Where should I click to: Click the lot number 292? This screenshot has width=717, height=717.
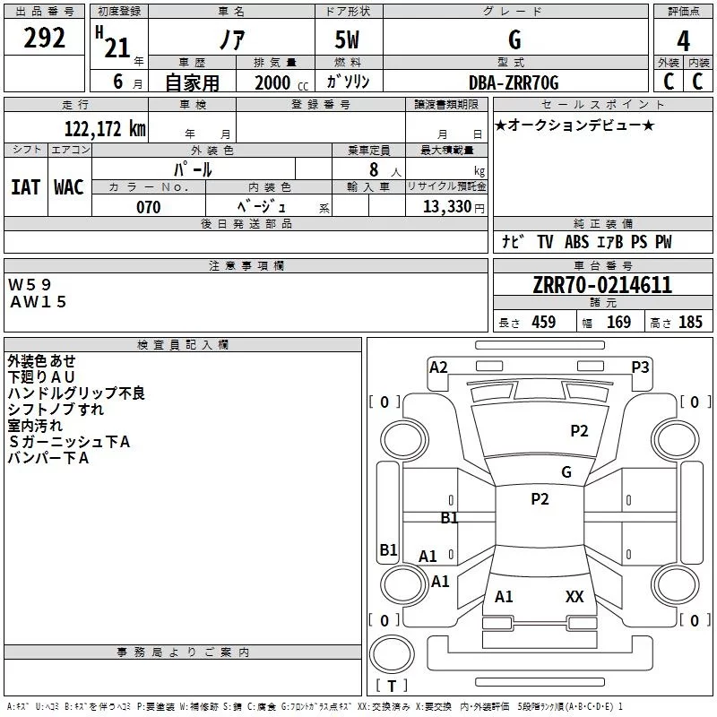coord(44,38)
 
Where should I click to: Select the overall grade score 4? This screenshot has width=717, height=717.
coord(683,41)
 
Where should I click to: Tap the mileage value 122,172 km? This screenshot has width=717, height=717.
coord(105,129)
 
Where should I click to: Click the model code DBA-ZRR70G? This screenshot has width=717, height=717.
coord(514,82)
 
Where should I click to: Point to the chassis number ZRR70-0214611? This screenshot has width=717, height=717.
coord(602,285)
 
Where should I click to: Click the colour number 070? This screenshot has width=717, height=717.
coord(149,207)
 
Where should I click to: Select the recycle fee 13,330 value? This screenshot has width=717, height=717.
coord(447,207)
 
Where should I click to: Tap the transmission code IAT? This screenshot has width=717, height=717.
coord(26,187)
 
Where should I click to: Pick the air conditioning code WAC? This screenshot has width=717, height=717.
coord(69,187)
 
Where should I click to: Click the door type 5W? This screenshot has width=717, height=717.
coord(347,39)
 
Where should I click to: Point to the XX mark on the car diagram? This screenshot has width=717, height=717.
coord(574,596)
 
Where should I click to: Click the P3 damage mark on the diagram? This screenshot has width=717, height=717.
coord(640,367)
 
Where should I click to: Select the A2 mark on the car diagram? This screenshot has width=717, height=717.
coord(438,367)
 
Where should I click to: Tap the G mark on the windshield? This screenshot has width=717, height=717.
coord(566,472)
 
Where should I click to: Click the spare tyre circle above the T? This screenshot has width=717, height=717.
coord(392,653)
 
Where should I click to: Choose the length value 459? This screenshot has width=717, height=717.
coord(544,323)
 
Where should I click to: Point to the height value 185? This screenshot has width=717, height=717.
coord(690,323)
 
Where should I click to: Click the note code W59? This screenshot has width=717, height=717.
coord(30,285)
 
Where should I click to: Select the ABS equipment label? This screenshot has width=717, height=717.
coord(576,242)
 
